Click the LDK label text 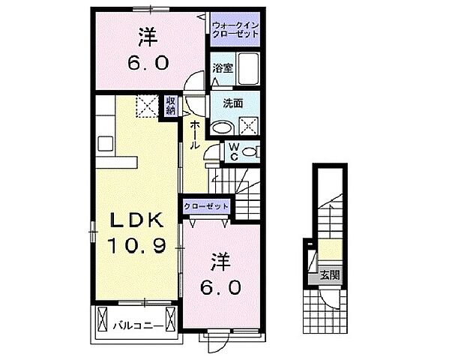[138, 220]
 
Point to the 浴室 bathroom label [222, 68]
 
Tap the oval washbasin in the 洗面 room [222, 127]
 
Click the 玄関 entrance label [330, 275]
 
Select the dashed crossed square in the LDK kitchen [147, 107]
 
